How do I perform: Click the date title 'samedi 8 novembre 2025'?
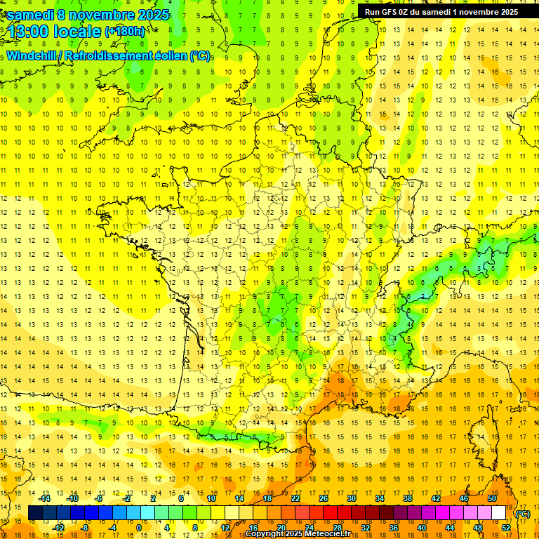pyautogui.click(x=87, y=15)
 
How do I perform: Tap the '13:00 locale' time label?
pyautogui.click(x=53, y=32)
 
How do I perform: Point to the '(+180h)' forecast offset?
pyautogui.click(x=124, y=32)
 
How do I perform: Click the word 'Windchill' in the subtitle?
pyautogui.click(x=32, y=55)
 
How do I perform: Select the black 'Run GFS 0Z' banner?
pyautogui.click(x=441, y=11)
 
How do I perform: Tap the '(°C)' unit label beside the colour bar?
pyautogui.click(x=522, y=513)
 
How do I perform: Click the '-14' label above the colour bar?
pyautogui.click(x=44, y=498)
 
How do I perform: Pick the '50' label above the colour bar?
pyautogui.click(x=491, y=498)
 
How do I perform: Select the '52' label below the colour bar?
pyautogui.click(x=506, y=528)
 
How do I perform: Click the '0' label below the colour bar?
pyautogui.click(x=140, y=528)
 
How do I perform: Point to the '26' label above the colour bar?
pyautogui.click(x=323, y=498)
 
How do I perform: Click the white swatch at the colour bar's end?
pyautogui.click(x=498, y=513)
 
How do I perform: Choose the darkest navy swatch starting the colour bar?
pyautogui.click(x=35, y=513)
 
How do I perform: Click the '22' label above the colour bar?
pyautogui.click(x=295, y=498)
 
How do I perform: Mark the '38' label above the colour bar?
pyautogui.click(x=407, y=498)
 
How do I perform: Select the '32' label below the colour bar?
pyautogui.click(x=365, y=528)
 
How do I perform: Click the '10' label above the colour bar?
pyautogui.click(x=211, y=498)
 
